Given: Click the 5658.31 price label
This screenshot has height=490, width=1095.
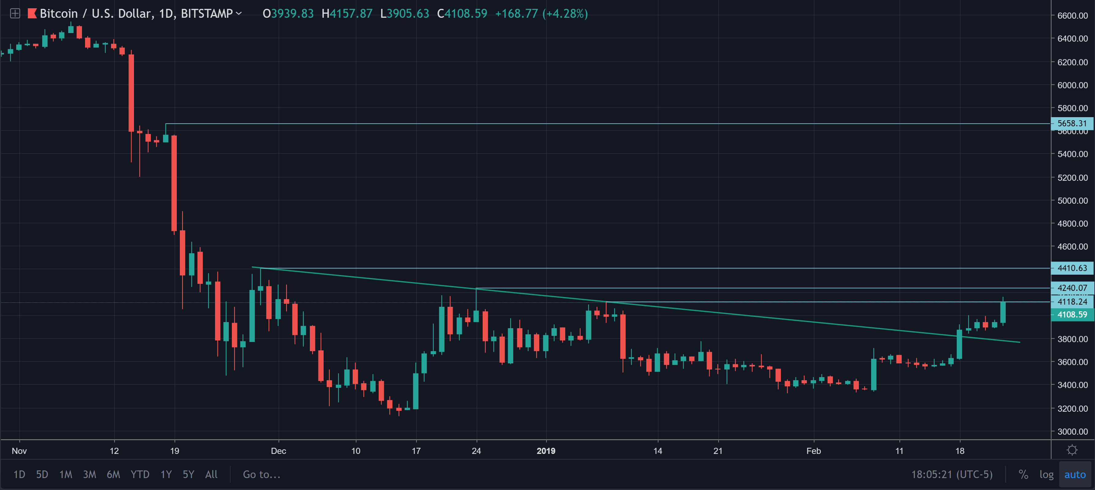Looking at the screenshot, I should pos(1072,123).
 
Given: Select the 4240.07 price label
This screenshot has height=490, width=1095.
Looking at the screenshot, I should pos(1072,288).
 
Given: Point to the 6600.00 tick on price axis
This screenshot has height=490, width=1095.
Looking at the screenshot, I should pos(1072,16).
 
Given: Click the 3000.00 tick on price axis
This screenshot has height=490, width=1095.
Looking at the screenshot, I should pos(1072,431).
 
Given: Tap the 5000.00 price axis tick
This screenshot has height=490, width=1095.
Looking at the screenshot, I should pos(1072,201).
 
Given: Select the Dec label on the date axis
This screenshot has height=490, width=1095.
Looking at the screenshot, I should pos(278,451).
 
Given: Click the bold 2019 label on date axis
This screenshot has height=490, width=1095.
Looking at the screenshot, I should pos(546,451).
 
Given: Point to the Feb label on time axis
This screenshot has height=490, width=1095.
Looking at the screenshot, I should pos(813,451).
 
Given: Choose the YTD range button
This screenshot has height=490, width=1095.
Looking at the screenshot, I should pos(140,474).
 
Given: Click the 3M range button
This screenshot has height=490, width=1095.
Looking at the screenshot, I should pos(89,474).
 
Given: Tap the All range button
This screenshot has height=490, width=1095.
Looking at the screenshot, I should pos(211,474).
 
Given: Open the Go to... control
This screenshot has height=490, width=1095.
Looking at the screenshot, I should pos(262,474).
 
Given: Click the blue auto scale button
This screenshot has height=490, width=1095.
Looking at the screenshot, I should pos(1075,474).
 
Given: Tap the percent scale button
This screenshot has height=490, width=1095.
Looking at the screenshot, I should pos(1023,474).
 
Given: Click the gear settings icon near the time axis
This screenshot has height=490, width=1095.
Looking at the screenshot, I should pos(1072,450).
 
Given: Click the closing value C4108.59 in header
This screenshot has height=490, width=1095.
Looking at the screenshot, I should pos(462,13).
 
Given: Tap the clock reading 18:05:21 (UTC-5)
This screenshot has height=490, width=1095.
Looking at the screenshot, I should pos(952,474).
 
